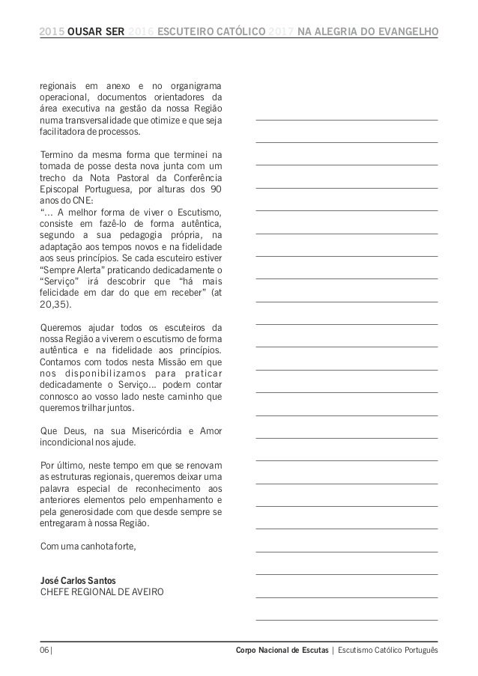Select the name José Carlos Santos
[78, 579]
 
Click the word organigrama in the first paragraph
[195, 85]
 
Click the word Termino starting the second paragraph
[57, 154]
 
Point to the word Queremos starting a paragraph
[62, 326]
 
